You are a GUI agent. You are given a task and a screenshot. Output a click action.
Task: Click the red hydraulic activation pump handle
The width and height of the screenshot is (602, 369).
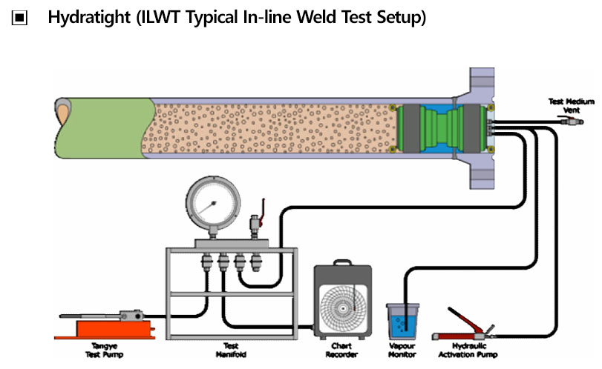tap(464, 317)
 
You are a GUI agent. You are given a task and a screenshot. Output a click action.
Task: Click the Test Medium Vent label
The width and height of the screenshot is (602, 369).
tap(566, 105)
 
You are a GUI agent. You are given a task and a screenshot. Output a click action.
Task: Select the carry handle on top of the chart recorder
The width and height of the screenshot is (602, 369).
tap(342, 264)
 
